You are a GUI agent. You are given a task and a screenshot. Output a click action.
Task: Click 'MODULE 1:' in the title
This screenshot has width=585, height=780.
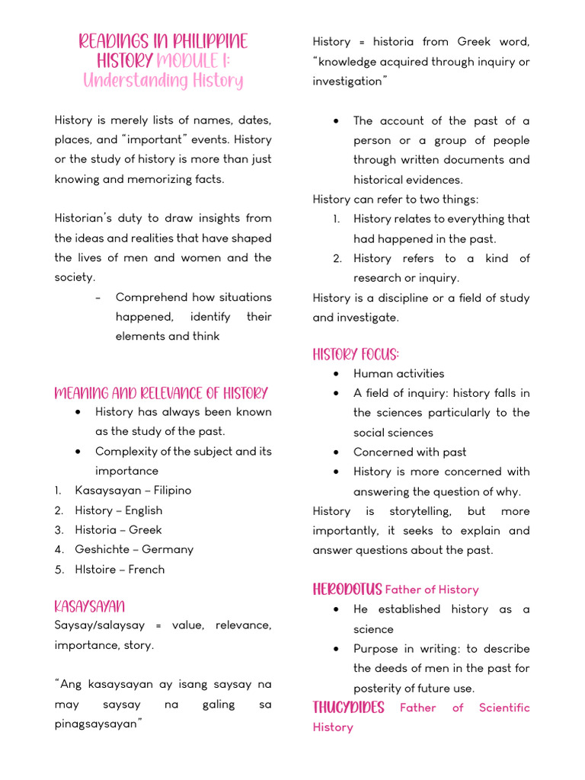click(199, 61)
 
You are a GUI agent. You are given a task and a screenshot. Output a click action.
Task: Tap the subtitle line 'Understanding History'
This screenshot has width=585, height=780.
click(163, 81)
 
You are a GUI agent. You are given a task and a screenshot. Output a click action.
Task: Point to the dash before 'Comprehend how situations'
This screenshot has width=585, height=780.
click(99, 297)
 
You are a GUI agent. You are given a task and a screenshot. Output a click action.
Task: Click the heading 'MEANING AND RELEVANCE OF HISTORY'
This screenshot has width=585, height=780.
click(161, 393)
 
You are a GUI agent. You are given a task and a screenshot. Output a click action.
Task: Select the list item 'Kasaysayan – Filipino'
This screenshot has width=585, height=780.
click(133, 491)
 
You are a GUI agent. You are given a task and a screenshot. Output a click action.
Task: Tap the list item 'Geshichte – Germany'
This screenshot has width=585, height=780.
click(134, 549)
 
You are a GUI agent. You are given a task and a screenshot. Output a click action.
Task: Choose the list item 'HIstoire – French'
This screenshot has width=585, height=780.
click(119, 569)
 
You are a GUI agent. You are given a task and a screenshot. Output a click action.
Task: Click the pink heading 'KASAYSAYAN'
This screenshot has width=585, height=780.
click(90, 606)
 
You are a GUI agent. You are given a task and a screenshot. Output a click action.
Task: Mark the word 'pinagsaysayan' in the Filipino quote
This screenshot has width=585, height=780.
click(97, 724)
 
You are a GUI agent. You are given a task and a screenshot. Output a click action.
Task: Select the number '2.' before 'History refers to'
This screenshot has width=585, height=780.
click(337, 258)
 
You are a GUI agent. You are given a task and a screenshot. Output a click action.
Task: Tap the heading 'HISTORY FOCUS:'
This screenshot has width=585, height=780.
click(356, 354)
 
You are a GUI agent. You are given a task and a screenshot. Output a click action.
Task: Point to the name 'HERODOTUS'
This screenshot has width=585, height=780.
click(347, 589)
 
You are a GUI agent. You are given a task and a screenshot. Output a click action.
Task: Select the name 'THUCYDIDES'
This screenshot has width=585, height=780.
click(348, 708)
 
